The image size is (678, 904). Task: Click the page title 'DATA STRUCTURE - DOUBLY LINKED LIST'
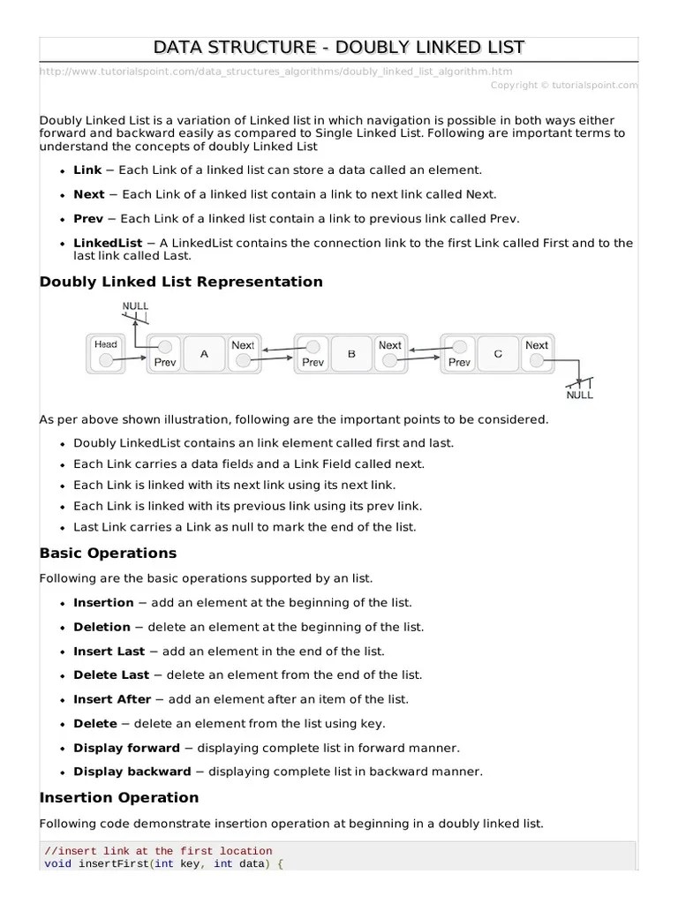click(x=339, y=47)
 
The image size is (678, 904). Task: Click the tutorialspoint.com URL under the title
click(x=275, y=72)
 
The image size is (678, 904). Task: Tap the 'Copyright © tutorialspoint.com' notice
click(x=563, y=85)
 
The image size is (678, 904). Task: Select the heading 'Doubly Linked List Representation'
click(x=181, y=282)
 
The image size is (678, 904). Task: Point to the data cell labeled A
click(x=205, y=353)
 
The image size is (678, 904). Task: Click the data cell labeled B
click(x=351, y=353)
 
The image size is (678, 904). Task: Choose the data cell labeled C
click(x=498, y=353)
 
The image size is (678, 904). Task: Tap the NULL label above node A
click(x=135, y=305)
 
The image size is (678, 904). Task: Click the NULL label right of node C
click(x=579, y=395)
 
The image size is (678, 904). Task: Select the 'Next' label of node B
click(x=389, y=345)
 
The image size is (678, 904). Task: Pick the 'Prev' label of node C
click(x=459, y=362)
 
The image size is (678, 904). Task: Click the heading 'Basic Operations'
click(x=108, y=554)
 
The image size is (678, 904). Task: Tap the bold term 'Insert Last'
click(x=109, y=651)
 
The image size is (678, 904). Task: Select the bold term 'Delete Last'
click(x=111, y=674)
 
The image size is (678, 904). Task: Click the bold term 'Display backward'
click(x=132, y=771)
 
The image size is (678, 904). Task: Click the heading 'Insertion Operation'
click(x=119, y=797)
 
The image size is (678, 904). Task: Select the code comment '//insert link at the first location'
click(x=147, y=851)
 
